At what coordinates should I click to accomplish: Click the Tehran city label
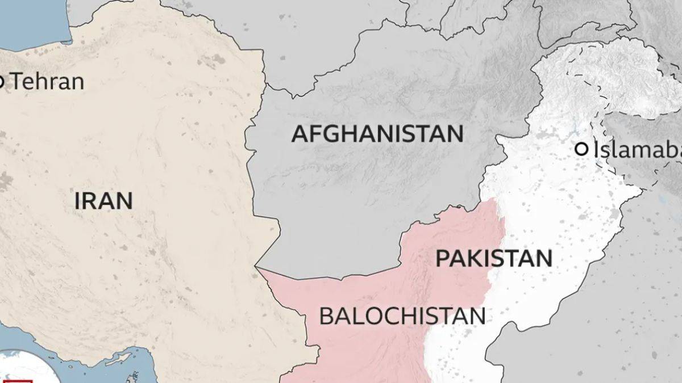(47, 82)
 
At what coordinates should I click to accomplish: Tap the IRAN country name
(103, 201)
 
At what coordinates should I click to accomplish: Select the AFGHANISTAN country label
(377, 134)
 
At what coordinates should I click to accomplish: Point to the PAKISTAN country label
(493, 258)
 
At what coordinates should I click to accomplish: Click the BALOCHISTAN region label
(402, 316)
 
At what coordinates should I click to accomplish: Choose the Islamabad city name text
(637, 150)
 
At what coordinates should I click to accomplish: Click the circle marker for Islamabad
(581, 149)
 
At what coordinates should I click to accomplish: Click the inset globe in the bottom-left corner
(17, 369)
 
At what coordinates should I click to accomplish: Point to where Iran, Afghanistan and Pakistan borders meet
(257, 267)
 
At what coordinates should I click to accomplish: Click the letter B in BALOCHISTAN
(326, 316)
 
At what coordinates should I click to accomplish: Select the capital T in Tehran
(17, 82)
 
